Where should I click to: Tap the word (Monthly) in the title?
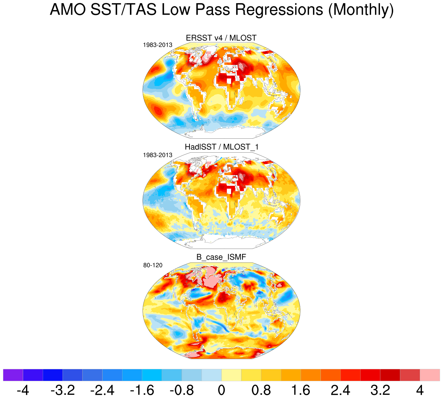coord(360,10)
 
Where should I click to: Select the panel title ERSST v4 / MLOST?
coord(221,38)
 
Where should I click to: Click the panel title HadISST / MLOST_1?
coord(221,147)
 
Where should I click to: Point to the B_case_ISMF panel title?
coord(221,257)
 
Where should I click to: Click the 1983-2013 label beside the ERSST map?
coord(157,45)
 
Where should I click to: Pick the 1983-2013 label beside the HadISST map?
coord(157,155)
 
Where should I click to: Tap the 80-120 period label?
coord(153,265)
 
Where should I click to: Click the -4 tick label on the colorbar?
coord(23,390)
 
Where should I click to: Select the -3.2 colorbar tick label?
coord(63,390)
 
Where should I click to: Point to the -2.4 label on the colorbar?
coord(102,390)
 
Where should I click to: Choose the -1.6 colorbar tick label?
coord(142,390)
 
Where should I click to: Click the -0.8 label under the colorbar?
coord(182,390)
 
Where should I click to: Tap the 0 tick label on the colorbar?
coord(221,390)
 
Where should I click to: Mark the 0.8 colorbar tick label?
coord(261,390)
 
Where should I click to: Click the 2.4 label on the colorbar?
coord(340,390)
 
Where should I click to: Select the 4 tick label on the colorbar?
coord(420,390)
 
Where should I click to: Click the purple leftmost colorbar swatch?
coord(13,375)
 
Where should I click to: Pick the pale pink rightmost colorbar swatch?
coord(430,375)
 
